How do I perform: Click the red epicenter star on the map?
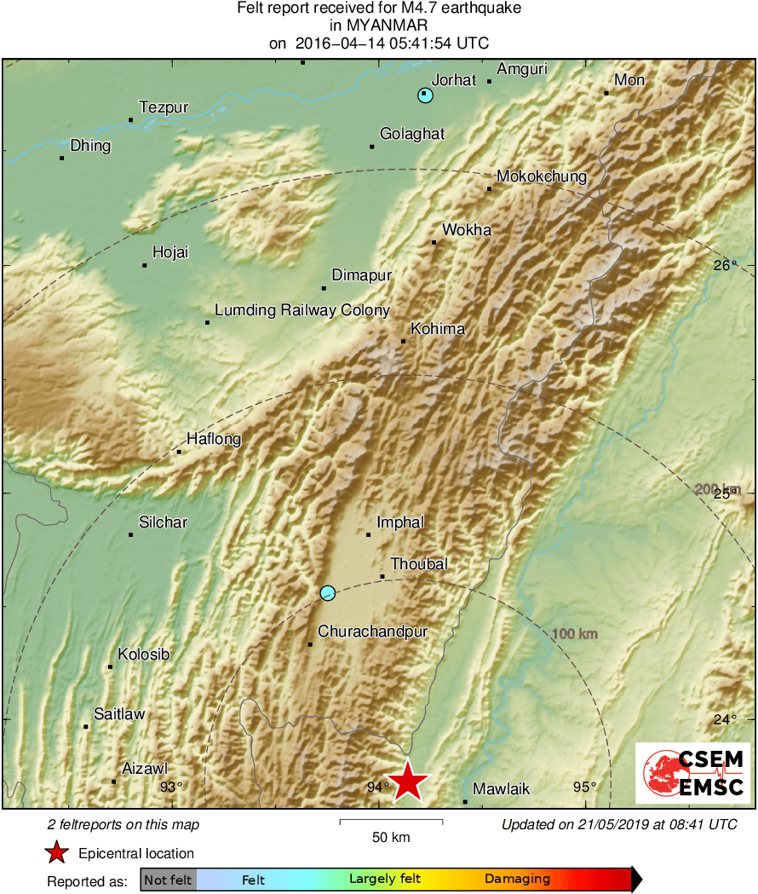click(x=409, y=781)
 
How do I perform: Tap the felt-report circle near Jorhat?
click(x=425, y=95)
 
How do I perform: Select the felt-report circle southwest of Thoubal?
click(x=328, y=593)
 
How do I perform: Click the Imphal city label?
click(x=399, y=522)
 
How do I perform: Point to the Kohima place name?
click(x=437, y=329)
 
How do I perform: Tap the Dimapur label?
click(x=361, y=275)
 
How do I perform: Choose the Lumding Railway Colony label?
click(x=301, y=311)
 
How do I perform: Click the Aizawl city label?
click(x=145, y=769)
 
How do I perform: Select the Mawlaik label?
click(x=501, y=789)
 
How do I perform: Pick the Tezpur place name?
click(x=163, y=108)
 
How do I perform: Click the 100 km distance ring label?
click(x=574, y=634)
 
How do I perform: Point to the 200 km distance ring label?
click(x=717, y=489)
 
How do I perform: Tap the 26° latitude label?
click(x=725, y=266)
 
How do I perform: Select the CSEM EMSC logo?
click(x=692, y=773)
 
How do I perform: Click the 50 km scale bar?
click(x=391, y=822)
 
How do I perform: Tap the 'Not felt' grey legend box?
click(x=169, y=880)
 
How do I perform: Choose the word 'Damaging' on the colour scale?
click(x=517, y=880)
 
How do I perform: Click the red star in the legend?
click(x=56, y=853)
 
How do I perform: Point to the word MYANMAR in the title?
click(x=378, y=26)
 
